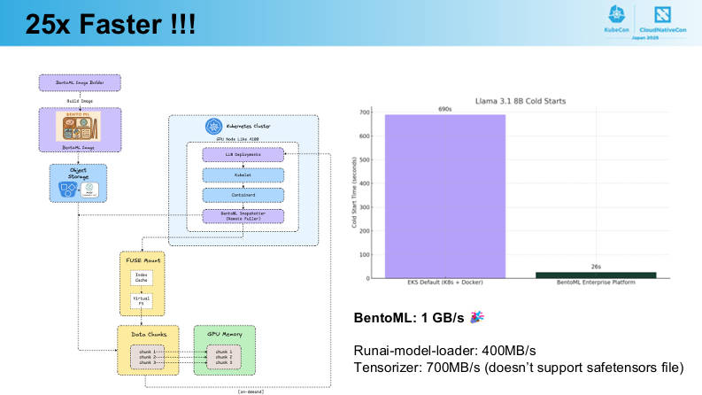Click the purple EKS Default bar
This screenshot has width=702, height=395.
point(444,195)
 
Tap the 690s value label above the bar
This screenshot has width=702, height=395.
point(444,109)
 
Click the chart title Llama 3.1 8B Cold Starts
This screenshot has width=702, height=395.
point(520,100)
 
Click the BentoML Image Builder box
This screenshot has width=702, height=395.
point(80,81)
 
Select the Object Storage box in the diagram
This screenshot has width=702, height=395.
point(78,182)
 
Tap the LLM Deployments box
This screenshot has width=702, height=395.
point(243,155)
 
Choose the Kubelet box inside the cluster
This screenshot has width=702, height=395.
point(243,175)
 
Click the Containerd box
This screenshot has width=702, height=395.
point(243,196)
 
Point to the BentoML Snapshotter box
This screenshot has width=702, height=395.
point(243,216)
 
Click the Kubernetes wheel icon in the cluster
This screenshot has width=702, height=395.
point(212,127)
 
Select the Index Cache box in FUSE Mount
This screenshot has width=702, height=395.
point(142,277)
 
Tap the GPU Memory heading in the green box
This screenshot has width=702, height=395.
point(224,335)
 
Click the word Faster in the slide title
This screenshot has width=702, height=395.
point(112,25)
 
